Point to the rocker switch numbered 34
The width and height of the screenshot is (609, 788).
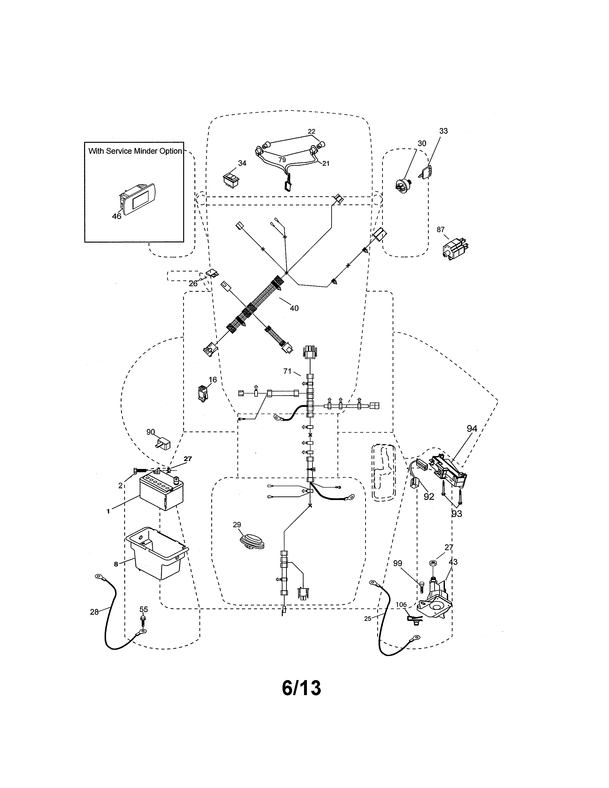[x=231, y=180]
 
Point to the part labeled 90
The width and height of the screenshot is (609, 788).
[x=163, y=443]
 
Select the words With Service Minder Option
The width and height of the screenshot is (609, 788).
[x=135, y=151]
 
